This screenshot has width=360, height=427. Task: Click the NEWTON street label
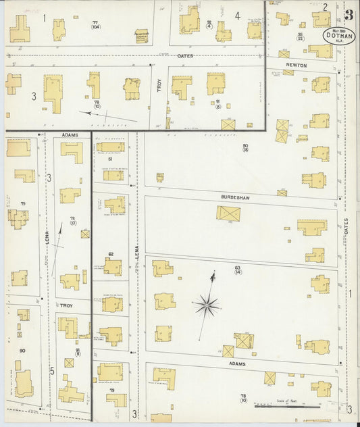click(x=296, y=66)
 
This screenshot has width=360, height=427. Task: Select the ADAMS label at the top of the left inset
click(x=70, y=135)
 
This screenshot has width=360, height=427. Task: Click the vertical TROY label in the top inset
click(x=160, y=86)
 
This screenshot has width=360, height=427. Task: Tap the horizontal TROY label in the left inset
click(x=66, y=305)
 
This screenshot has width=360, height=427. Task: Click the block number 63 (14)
click(x=238, y=270)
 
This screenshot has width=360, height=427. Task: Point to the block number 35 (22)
click(x=300, y=36)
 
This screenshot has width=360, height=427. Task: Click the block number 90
click(x=22, y=351)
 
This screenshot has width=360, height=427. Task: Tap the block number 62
click(x=110, y=254)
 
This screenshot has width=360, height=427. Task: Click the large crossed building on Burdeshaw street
click(x=228, y=214)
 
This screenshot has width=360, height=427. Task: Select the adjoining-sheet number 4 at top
click(x=237, y=15)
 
